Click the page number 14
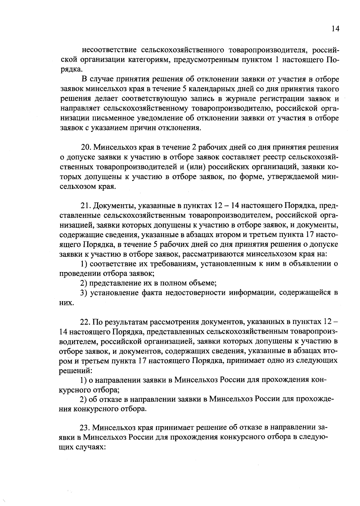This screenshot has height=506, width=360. tap(335, 28)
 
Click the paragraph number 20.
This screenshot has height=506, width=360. tap(86, 147)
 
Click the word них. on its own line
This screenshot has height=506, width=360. tap(67, 302)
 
